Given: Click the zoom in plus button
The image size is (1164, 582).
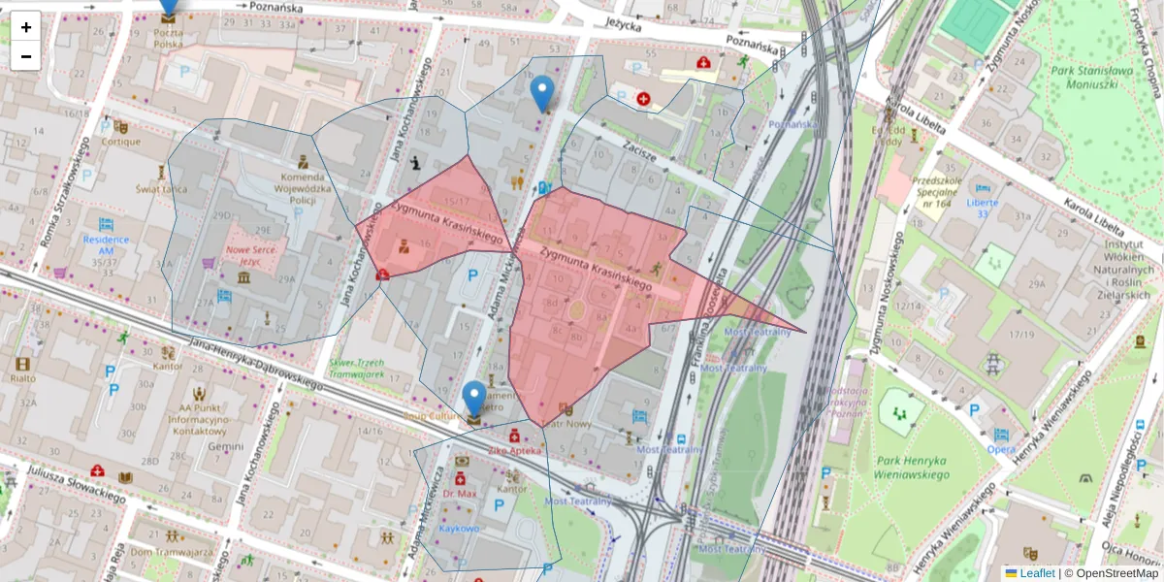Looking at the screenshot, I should [25, 27].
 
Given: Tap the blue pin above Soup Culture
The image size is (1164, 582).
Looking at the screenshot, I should [473, 399].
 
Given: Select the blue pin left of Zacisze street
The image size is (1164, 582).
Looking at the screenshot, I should [542, 94].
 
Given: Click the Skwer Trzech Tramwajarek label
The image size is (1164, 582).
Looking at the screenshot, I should [356, 368].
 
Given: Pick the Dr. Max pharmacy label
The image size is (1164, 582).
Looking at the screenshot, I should [462, 494].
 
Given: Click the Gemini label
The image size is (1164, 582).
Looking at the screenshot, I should [225, 446].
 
